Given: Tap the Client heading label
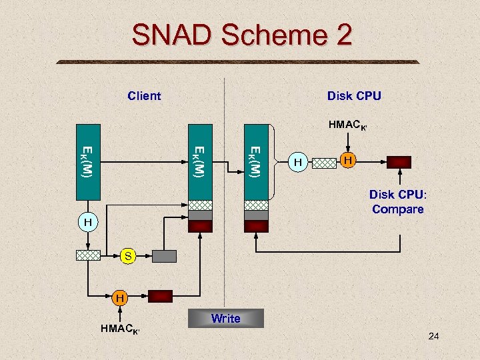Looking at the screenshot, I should coord(144,96).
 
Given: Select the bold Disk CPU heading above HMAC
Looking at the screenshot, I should coord(354,96).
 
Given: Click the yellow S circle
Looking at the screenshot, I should coord(128,255).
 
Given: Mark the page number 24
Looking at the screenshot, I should coord(433,337).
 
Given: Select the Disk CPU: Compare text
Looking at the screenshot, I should coord(397,202).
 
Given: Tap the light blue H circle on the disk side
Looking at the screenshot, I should coord(299,162).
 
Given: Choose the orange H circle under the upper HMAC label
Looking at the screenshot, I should coord(347,161).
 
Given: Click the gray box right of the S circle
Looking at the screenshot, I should coord(165,255).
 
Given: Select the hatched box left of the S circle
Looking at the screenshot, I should coord(87,255).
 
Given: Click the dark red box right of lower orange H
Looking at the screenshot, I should coord(160,297).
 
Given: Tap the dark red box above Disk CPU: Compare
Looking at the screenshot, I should coord(399,162).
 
